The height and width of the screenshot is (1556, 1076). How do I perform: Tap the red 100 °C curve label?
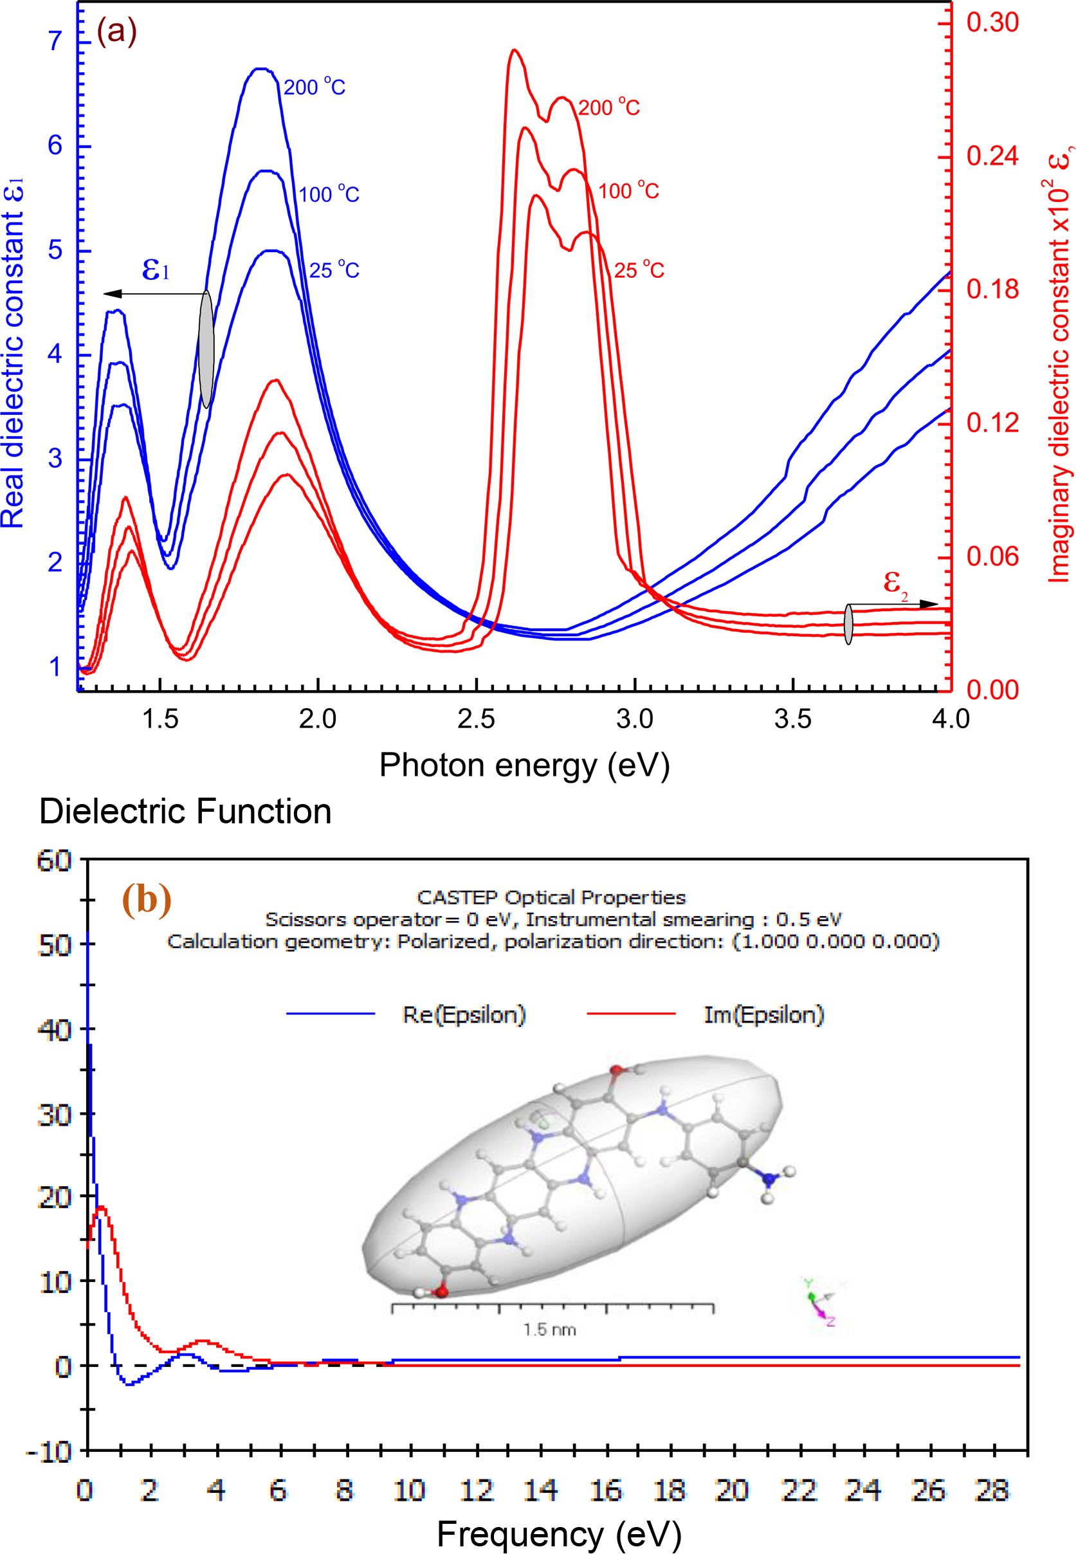[628, 192]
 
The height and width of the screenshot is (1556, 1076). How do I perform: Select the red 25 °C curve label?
[639, 270]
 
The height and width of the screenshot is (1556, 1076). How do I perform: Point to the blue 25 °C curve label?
[334, 270]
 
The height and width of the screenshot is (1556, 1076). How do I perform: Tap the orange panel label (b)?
[147, 902]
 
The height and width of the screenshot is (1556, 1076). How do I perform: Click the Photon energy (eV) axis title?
[525, 765]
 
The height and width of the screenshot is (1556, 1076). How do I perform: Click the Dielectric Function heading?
[185, 812]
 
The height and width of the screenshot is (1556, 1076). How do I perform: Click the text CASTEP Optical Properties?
[551, 897]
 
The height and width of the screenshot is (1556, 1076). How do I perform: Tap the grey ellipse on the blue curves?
[206, 349]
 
